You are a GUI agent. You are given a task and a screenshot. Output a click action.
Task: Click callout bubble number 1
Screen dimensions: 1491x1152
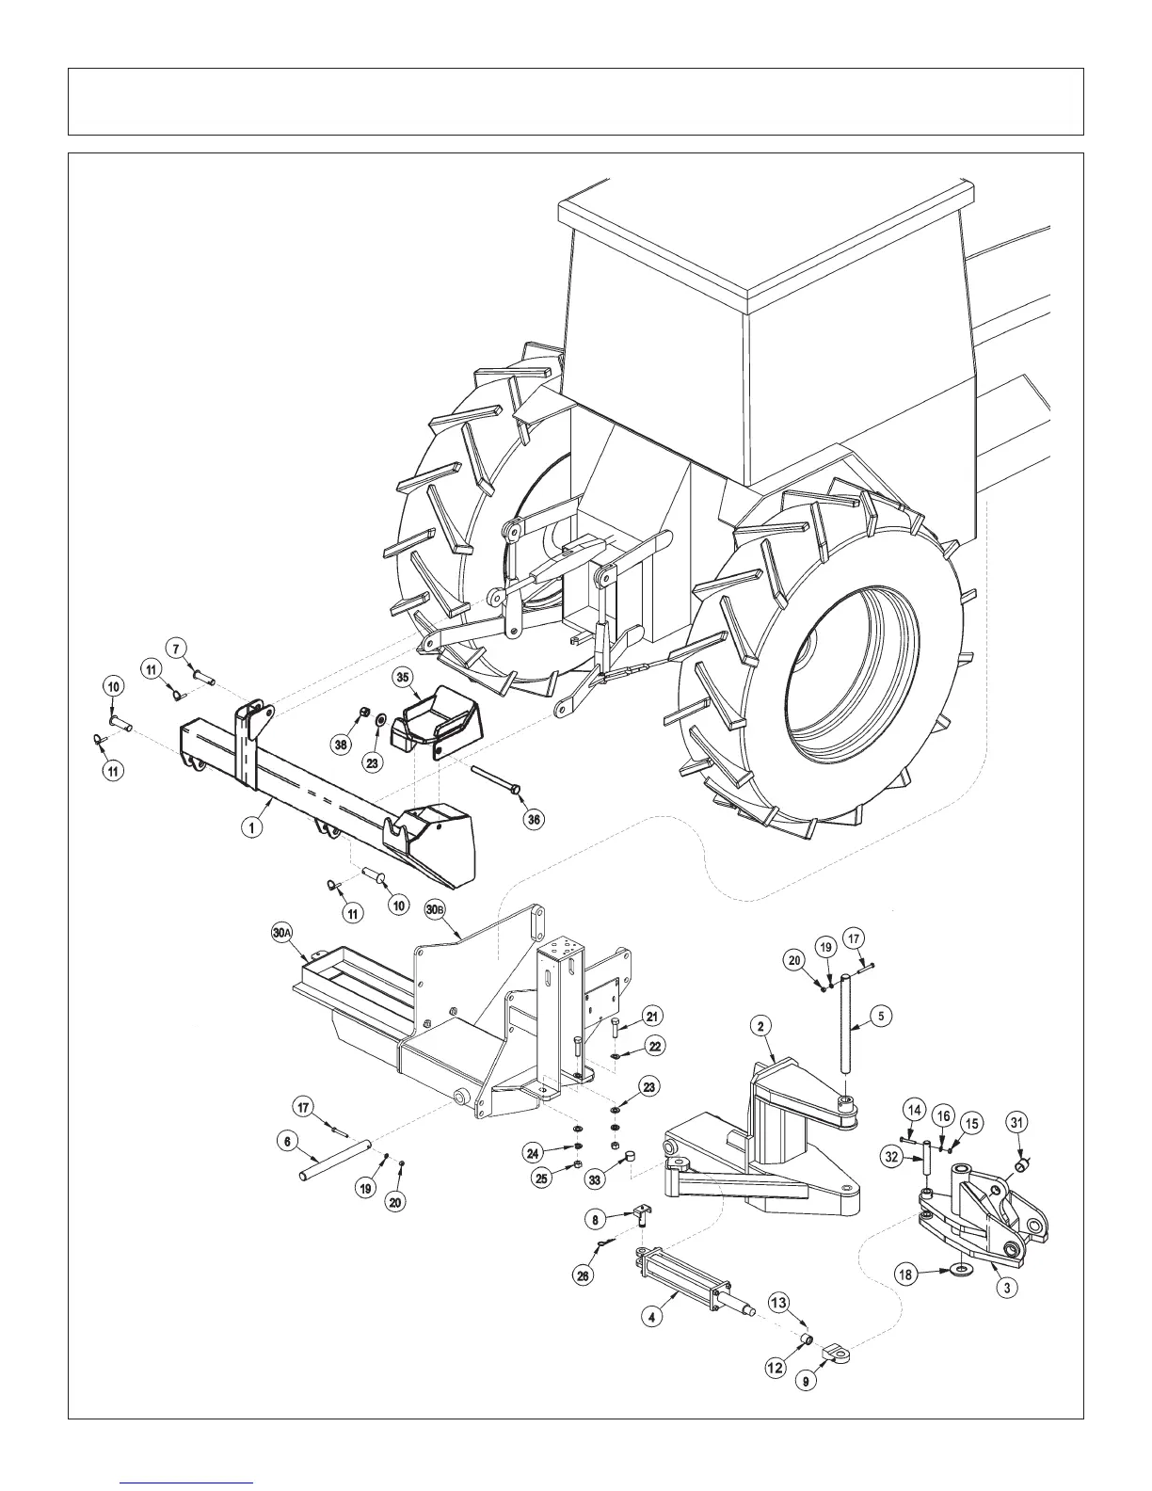click(x=251, y=827)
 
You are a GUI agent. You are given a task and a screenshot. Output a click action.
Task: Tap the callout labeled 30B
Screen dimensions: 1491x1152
click(x=435, y=910)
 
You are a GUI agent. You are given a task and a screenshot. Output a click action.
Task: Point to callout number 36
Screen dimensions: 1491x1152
click(x=534, y=820)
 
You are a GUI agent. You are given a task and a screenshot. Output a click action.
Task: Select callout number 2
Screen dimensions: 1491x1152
click(x=760, y=1026)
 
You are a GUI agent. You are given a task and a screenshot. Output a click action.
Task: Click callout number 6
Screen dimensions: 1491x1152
click(x=288, y=1141)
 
